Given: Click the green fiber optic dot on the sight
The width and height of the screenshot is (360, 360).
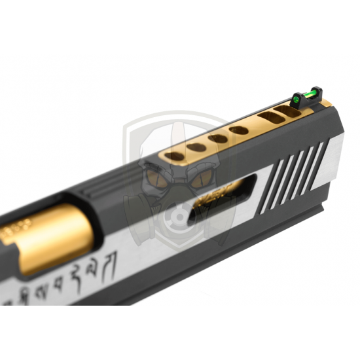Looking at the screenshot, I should pos(296,99).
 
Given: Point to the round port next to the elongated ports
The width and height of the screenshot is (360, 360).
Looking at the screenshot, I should pos(239,130).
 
